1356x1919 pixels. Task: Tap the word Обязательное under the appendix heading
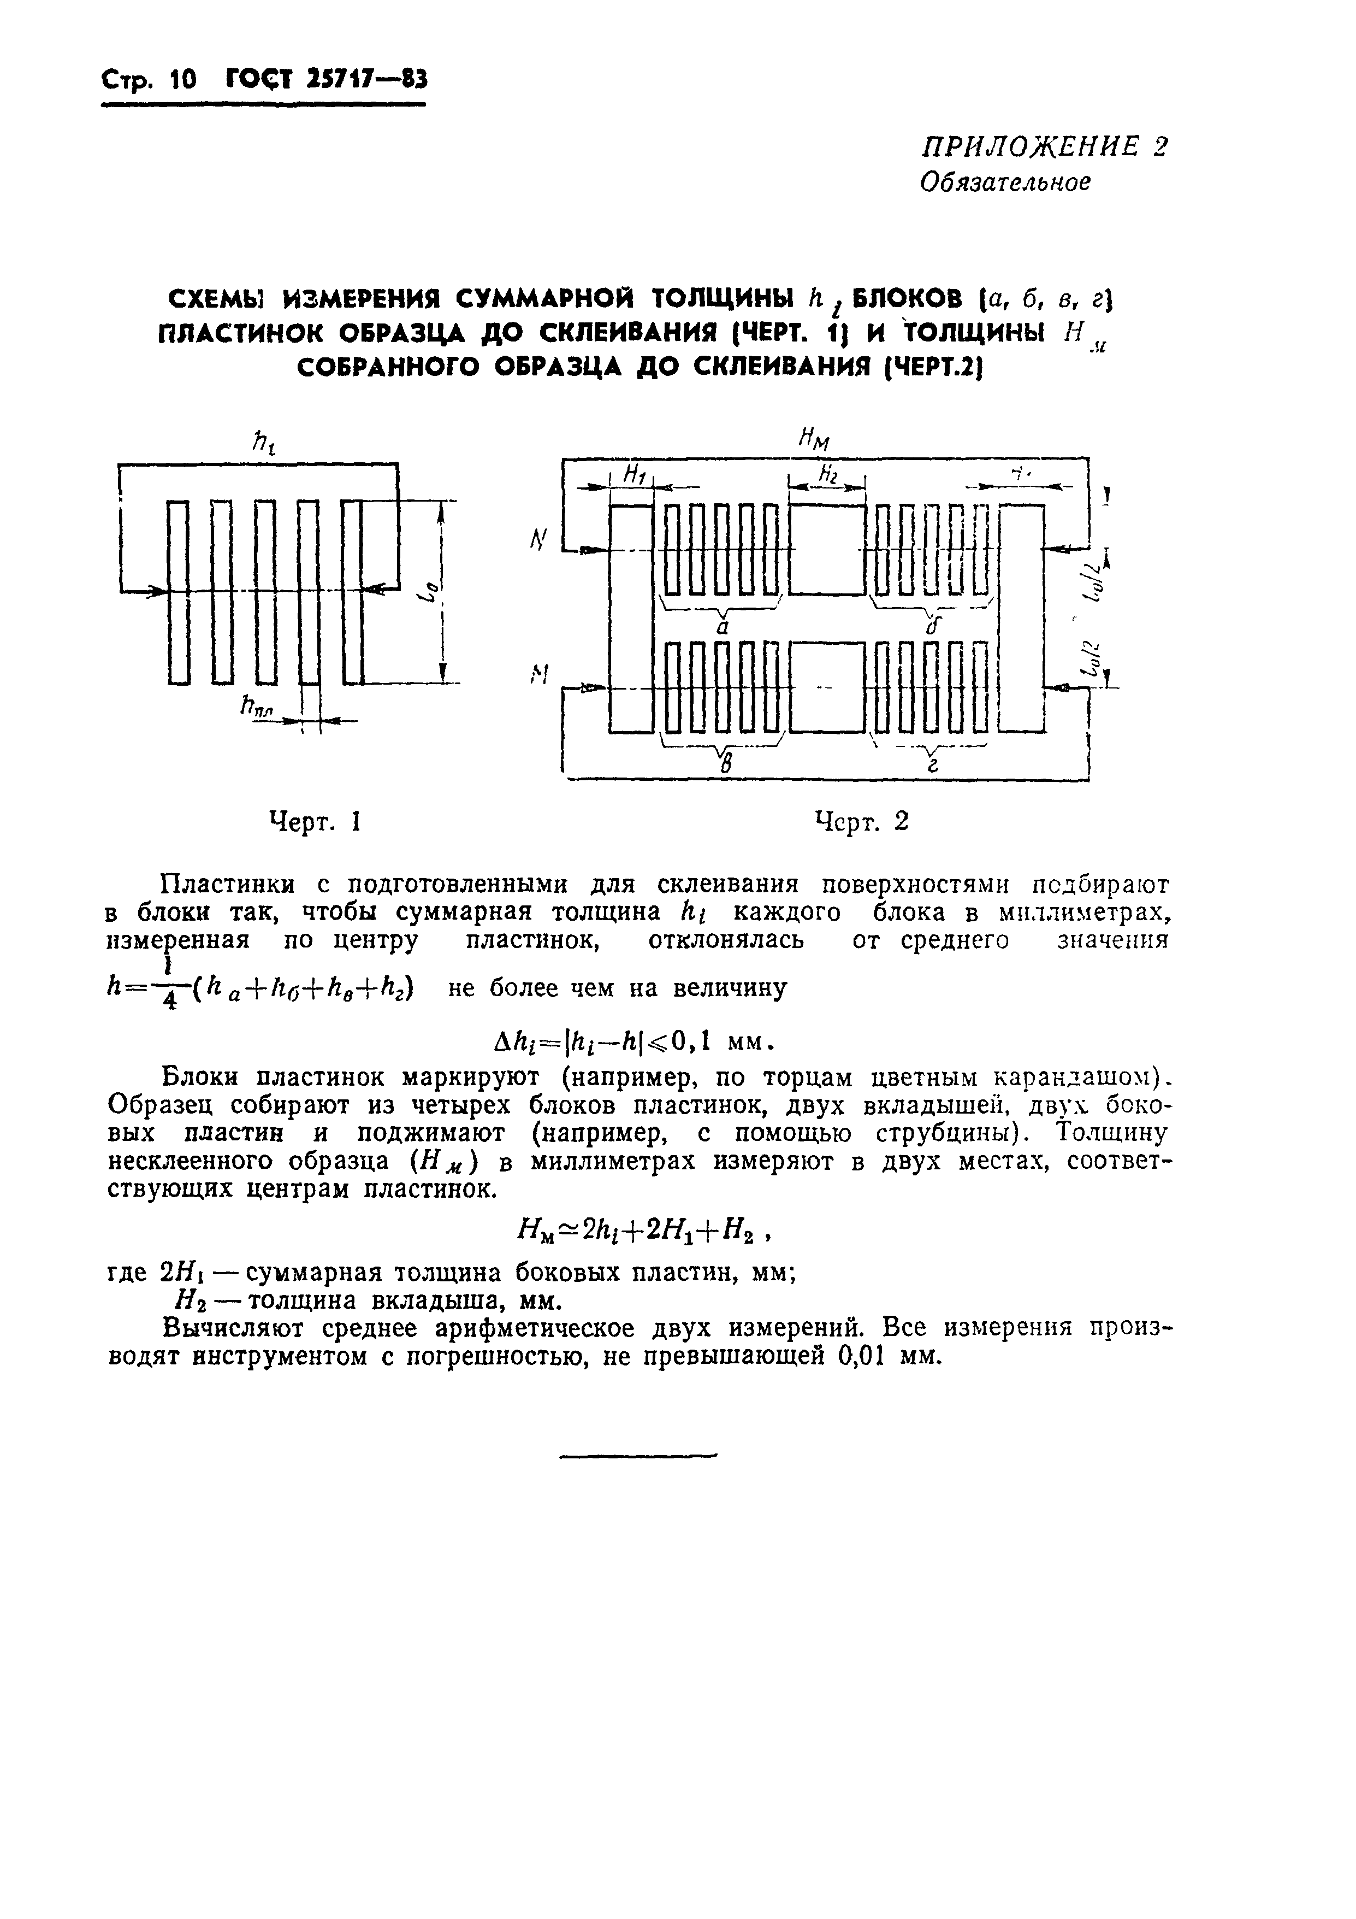pyautogui.click(x=1005, y=181)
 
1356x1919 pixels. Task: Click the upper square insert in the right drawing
pyautogui.click(x=827, y=549)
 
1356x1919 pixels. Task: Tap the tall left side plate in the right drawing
pyautogui.click(x=631, y=619)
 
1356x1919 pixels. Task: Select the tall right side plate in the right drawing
pyautogui.click(x=1022, y=619)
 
